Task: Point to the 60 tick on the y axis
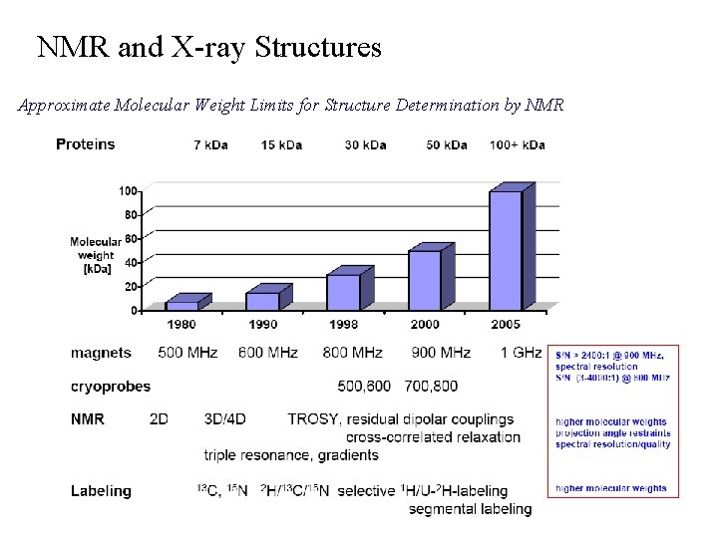(130, 239)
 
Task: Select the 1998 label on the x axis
(344, 324)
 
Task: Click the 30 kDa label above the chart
(366, 145)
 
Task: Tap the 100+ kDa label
(517, 145)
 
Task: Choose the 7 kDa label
(210, 145)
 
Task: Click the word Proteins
(85, 144)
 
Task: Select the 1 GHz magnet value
(521, 353)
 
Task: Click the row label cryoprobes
(111, 386)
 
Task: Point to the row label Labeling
(101, 490)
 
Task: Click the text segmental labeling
(470, 509)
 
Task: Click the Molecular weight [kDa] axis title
(95, 255)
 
